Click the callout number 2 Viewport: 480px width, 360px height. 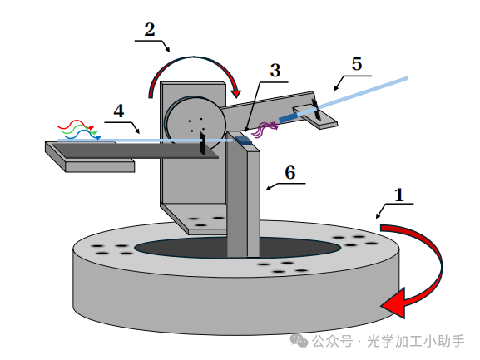150,30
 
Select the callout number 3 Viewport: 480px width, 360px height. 274,71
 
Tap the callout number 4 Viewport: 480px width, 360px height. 118,111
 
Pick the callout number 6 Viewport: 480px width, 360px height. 289,172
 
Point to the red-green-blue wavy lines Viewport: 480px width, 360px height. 79,129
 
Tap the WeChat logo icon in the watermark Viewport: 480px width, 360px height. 297,341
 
